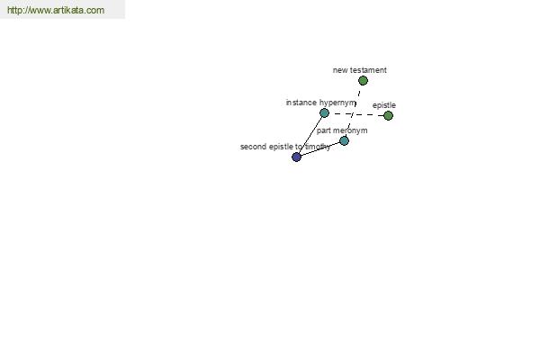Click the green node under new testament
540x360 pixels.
pyautogui.click(x=363, y=81)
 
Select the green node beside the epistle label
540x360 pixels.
pyautogui.click(x=388, y=116)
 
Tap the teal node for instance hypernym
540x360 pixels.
pyautogui.click(x=324, y=112)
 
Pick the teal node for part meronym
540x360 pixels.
pyautogui.click(x=344, y=140)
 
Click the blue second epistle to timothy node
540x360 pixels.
pyautogui.click(x=296, y=157)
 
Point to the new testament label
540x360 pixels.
pyautogui.click(x=359, y=70)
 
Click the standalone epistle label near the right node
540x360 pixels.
pyautogui.click(x=384, y=105)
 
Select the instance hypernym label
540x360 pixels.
pyautogui.click(x=320, y=103)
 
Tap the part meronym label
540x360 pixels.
pyautogui.click(x=342, y=130)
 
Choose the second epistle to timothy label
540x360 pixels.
pyautogui.click(x=285, y=147)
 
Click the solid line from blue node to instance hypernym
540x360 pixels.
pyautogui.click(x=310, y=135)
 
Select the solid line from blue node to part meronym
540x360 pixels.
pyautogui.click(x=320, y=148)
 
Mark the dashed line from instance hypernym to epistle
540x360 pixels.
pyautogui.click(x=356, y=114)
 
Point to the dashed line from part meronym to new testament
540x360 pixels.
pyautogui.click(x=354, y=111)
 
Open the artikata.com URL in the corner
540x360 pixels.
pyautogui.click(x=56, y=10)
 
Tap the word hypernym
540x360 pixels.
pyautogui.click(x=337, y=103)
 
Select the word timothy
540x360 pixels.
pyautogui.click(x=318, y=147)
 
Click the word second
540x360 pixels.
pyautogui.click(x=254, y=147)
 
